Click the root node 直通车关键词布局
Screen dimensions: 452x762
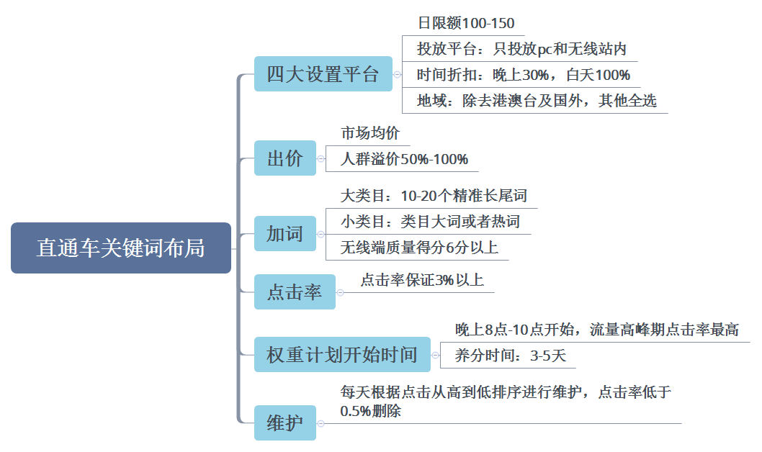tap(121, 248)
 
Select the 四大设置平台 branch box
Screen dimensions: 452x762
tap(323, 74)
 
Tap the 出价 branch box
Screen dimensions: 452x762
tap(284, 158)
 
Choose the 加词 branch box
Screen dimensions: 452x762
tap(284, 234)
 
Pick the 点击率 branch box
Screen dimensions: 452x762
tap(294, 292)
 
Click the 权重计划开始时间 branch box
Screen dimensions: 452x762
tap(341, 355)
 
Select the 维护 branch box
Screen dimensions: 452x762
tap(284, 422)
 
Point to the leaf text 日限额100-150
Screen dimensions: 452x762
tap(466, 23)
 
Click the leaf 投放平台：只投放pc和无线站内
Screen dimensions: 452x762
tap(521, 49)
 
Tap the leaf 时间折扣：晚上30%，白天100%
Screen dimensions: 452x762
tap(524, 75)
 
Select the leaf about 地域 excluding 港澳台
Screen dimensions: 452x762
tap(537, 101)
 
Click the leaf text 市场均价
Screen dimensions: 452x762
tap(370, 133)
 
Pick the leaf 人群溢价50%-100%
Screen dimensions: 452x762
tap(404, 159)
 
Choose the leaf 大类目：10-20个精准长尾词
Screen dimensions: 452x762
tap(439, 196)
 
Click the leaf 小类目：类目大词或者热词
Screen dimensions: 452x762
tap(430, 222)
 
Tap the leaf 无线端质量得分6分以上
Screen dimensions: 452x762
tap(419, 248)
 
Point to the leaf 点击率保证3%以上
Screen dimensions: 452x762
tap(422, 280)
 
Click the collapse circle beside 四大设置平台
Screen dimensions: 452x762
tap(397, 74)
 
